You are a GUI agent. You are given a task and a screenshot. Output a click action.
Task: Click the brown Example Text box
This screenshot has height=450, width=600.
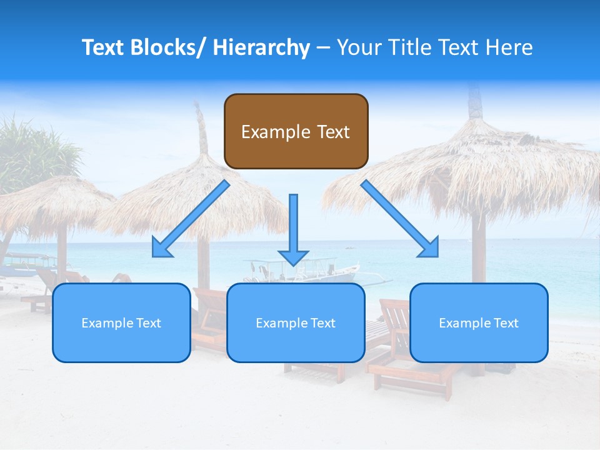click(x=296, y=131)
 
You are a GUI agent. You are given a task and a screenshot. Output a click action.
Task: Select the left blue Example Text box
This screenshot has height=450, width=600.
click(x=121, y=322)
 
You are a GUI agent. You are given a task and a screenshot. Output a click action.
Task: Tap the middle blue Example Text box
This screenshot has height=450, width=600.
click(x=296, y=322)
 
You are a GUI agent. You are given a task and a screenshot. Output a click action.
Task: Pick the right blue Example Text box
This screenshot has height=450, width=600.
click(x=479, y=322)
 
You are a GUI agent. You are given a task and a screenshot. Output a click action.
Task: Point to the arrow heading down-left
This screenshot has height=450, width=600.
click(x=191, y=220)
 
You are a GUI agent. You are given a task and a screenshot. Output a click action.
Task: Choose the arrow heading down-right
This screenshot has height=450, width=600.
click(x=400, y=219)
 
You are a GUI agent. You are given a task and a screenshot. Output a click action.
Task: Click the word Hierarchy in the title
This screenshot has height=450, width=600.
click(x=261, y=47)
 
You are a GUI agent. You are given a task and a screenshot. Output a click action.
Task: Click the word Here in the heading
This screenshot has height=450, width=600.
click(x=511, y=47)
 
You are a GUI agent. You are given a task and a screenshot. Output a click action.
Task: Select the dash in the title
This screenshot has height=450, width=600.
click(x=323, y=47)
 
